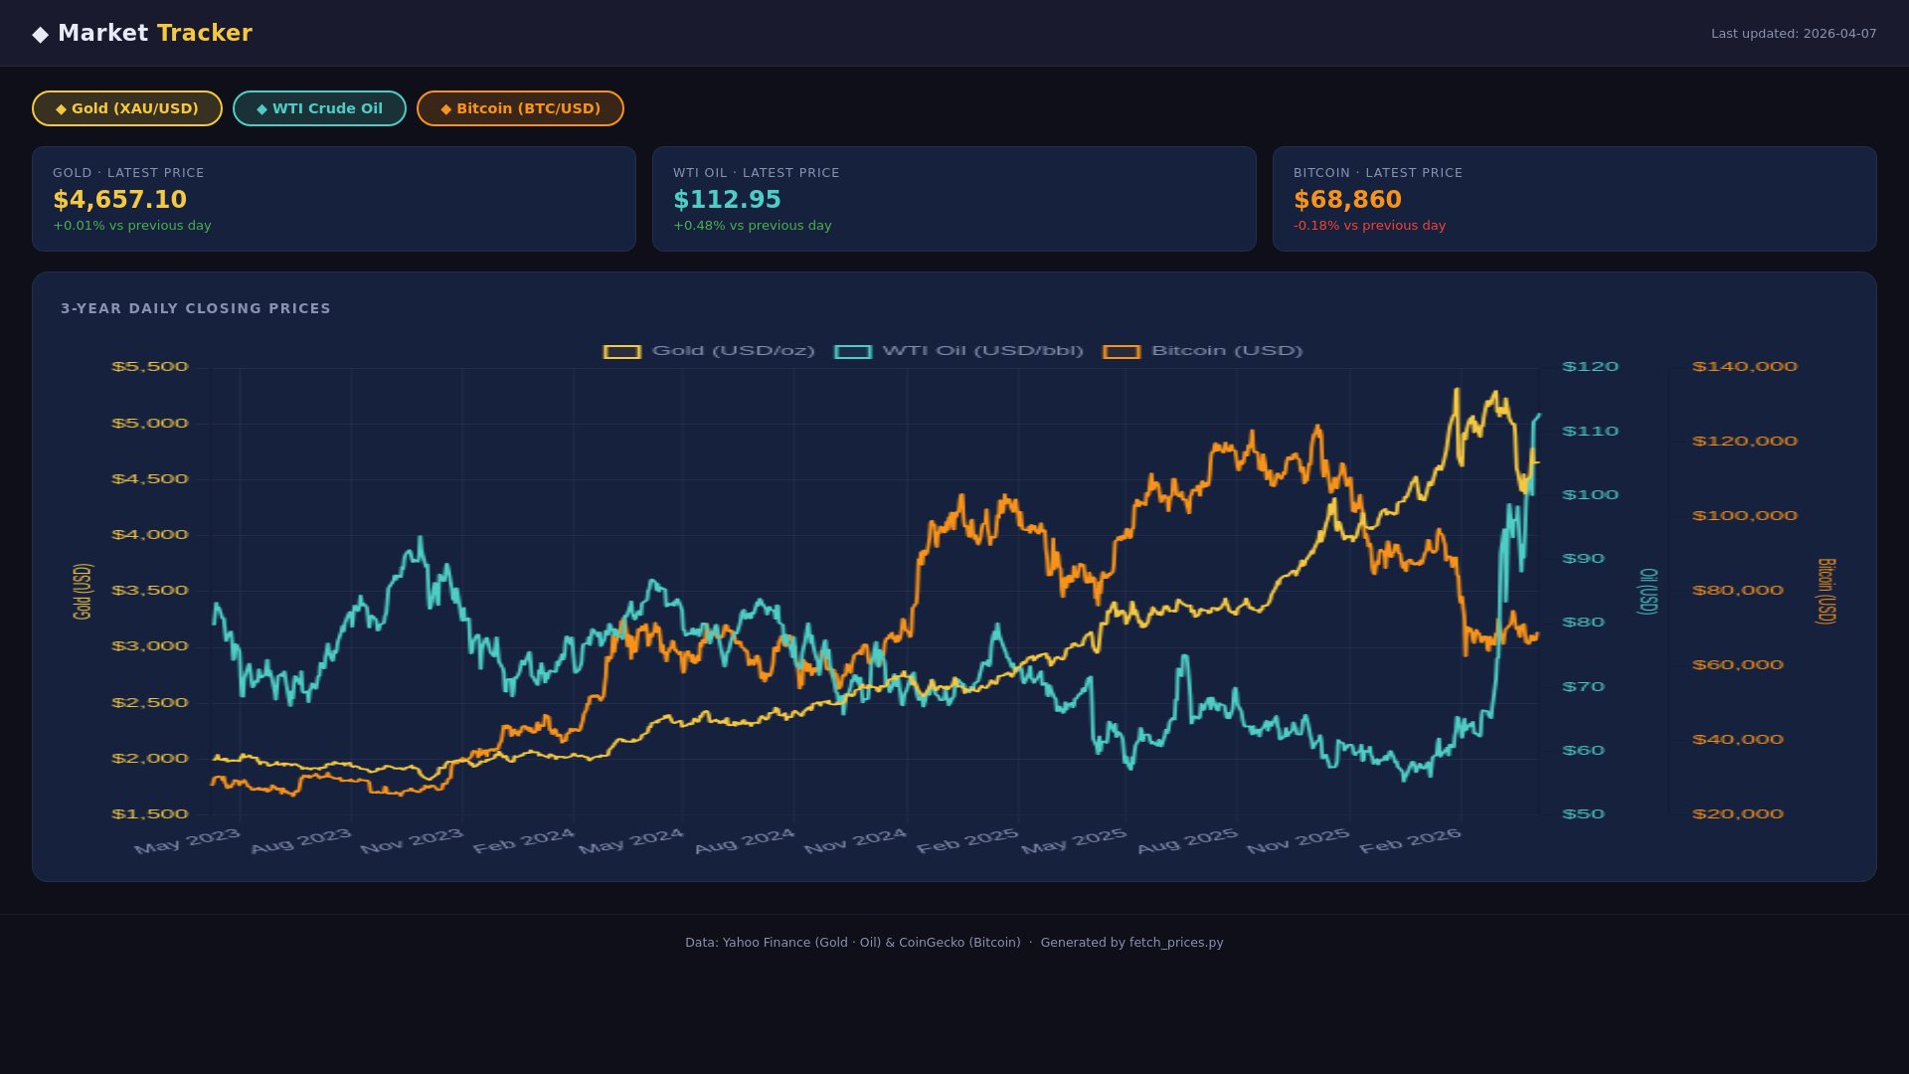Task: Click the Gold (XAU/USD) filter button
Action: (127, 108)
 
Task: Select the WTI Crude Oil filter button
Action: (319, 108)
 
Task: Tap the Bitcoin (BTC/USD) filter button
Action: (520, 108)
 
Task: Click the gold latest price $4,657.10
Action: (120, 200)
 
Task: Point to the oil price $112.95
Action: (727, 200)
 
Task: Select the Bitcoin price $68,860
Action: (1347, 200)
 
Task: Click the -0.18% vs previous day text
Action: (1369, 226)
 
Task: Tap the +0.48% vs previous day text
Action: (752, 226)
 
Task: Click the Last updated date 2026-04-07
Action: (1839, 34)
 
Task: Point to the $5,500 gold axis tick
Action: (149, 367)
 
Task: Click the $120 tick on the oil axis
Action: (1590, 367)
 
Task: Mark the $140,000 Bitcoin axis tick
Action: (1744, 367)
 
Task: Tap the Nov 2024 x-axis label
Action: (855, 841)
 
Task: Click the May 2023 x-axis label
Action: (187, 841)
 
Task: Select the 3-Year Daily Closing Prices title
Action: (196, 308)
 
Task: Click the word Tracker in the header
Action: (205, 33)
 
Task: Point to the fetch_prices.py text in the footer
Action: (1176, 943)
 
